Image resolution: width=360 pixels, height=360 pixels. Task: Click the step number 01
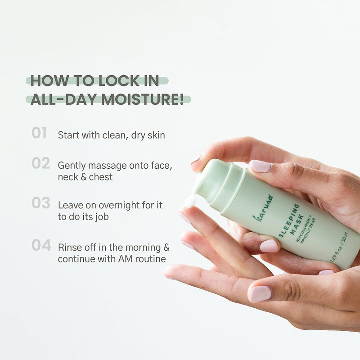[x=39, y=133]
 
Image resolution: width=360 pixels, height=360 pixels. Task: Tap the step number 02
[x=41, y=163]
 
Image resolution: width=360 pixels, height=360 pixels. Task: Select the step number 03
[x=41, y=203]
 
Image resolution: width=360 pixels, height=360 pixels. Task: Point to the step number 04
[x=41, y=245]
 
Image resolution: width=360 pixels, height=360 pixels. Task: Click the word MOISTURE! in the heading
[x=143, y=99]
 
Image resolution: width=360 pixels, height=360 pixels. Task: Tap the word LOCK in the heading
[x=119, y=81]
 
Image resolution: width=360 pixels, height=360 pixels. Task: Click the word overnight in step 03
[x=119, y=205]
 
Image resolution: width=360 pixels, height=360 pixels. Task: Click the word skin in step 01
[x=156, y=135]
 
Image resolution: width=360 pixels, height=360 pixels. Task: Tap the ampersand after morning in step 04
[x=166, y=247]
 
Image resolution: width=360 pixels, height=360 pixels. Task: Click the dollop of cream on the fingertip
[x=189, y=202]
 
